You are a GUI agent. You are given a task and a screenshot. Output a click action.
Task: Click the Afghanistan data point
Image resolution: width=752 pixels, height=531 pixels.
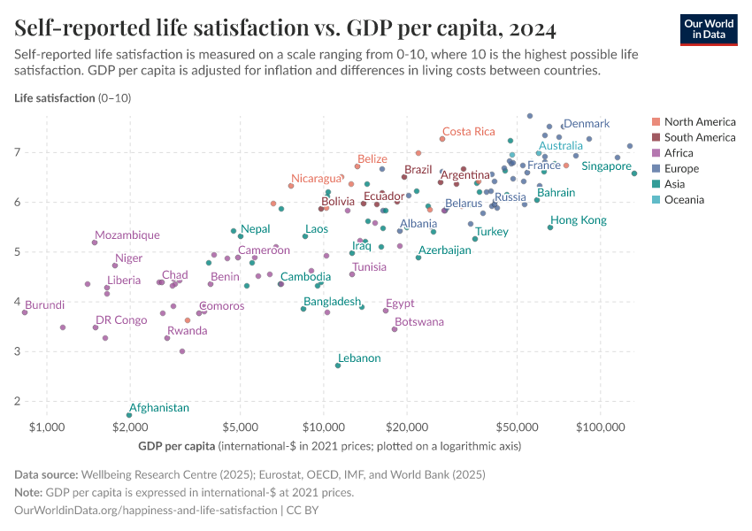(x=129, y=415)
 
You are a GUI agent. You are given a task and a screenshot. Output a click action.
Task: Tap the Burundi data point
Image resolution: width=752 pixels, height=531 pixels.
(x=25, y=312)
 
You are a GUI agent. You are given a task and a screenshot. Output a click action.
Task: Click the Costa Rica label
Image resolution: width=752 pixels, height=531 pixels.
(x=469, y=132)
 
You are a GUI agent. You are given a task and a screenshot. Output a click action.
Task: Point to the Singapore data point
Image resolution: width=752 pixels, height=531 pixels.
(x=634, y=173)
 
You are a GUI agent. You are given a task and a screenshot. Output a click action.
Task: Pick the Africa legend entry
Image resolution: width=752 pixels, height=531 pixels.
(x=685, y=153)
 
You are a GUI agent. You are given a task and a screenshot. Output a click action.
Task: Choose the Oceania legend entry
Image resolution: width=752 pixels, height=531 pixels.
(x=688, y=200)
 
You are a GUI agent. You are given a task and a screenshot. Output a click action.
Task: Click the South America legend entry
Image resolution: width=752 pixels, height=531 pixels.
(x=699, y=137)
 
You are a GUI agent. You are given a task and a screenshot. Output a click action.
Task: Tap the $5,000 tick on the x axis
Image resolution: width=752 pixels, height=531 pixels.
(x=240, y=427)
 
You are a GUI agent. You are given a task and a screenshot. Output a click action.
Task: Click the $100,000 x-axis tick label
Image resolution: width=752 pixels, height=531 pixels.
(x=601, y=427)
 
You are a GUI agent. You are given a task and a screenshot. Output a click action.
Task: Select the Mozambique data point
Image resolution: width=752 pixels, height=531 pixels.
(x=95, y=242)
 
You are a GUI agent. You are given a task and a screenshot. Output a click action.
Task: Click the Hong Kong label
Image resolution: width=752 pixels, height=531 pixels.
(x=579, y=220)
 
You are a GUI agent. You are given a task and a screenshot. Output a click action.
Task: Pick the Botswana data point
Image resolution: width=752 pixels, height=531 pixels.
(x=395, y=329)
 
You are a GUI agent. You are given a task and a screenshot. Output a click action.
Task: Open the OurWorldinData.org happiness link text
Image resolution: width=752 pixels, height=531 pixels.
(x=146, y=511)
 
